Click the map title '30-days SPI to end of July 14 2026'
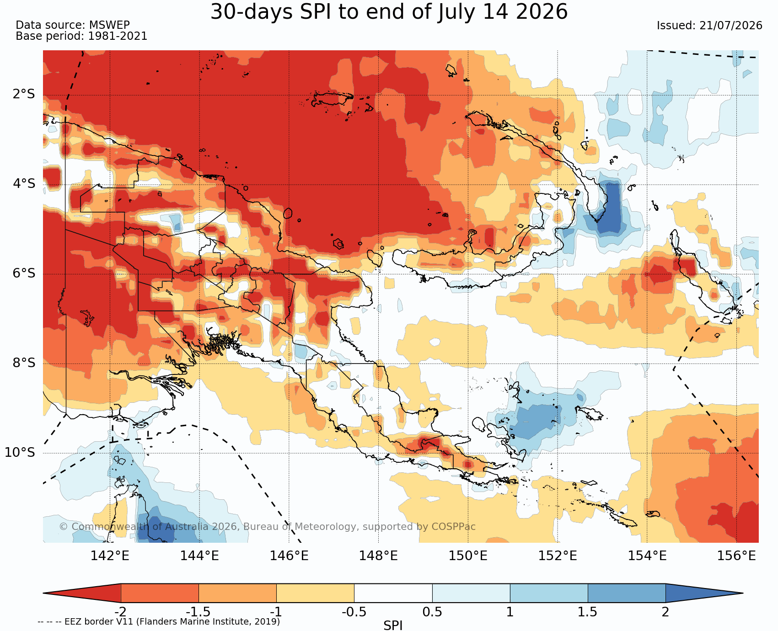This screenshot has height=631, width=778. coord(389,12)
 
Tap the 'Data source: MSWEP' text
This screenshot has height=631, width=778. coord(73,25)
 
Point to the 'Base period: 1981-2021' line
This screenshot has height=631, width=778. coord(81,36)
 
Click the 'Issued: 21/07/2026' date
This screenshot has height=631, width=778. coord(709,26)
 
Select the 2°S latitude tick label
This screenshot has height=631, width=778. coord(23,94)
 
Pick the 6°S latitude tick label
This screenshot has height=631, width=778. coord(23,273)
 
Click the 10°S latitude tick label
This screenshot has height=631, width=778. coord(20,453)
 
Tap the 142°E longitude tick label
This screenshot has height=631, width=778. coord(110,556)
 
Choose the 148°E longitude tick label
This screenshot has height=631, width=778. coord(378,556)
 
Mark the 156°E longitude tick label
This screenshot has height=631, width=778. coord(736,556)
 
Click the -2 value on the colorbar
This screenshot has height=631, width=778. coord(120,612)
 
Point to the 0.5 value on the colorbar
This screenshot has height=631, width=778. coord(432,612)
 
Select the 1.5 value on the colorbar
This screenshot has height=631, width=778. coord(588,612)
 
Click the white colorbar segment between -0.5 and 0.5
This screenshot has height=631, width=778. coord(393,593)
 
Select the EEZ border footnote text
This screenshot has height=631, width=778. coord(159,622)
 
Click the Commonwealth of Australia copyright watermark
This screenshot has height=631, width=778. coord(268,527)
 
